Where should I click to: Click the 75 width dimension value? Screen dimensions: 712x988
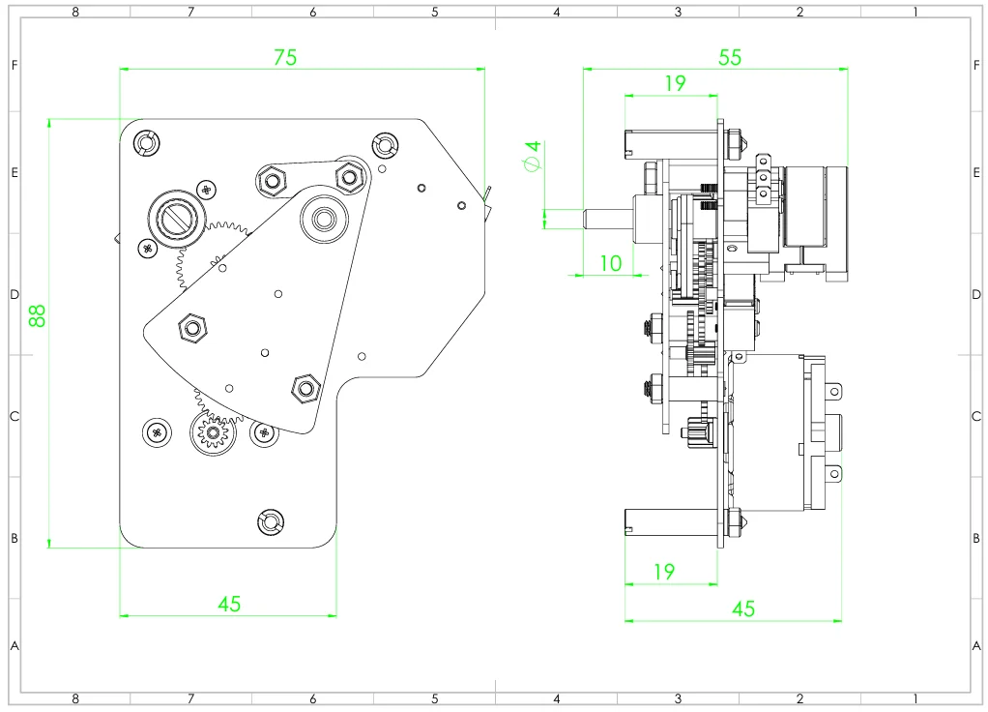(x=284, y=57)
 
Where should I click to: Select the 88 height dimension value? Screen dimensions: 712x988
(x=37, y=315)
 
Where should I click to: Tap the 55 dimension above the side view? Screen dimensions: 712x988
(x=730, y=57)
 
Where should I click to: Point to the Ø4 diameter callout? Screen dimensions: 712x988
(x=531, y=156)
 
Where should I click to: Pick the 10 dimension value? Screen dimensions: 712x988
(x=610, y=263)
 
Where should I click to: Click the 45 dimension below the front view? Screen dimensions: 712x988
(x=229, y=604)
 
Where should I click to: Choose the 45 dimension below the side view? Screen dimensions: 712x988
(x=742, y=608)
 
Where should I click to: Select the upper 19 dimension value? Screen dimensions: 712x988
(x=675, y=84)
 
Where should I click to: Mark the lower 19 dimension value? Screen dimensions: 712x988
(x=663, y=572)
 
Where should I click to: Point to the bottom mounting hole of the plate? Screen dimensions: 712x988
(x=270, y=522)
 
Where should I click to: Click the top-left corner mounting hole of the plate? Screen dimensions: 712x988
(x=145, y=143)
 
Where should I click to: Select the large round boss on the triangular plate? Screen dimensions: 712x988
(x=322, y=219)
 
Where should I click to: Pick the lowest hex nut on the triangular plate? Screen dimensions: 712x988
(x=305, y=389)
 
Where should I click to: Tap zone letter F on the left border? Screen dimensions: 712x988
(x=14, y=66)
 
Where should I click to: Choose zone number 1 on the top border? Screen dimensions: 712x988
(x=915, y=12)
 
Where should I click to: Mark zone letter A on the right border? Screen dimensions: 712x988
(x=976, y=645)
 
